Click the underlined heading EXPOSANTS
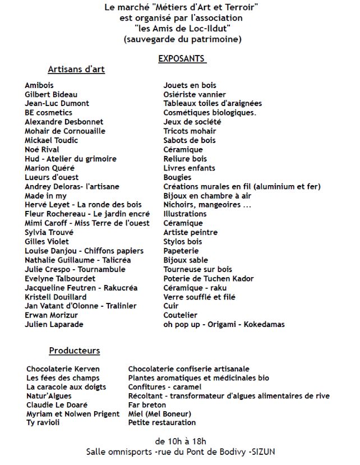pos(182,59)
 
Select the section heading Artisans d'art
pos(76,70)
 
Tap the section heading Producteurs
pos(75,351)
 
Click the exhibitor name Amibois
pos(39,85)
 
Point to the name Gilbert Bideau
pos(51,94)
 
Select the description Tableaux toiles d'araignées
pos(213,103)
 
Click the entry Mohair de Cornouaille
pos(65,131)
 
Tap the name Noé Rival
pos(42,150)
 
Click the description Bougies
pos(177,177)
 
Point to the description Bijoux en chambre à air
pos(207,196)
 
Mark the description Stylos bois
pos(183,242)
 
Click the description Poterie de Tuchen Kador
pos(209,279)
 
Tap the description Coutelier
pos(180,315)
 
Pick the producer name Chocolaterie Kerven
pos(63,369)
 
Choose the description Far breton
pos(147,405)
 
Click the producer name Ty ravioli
pos(43,422)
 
